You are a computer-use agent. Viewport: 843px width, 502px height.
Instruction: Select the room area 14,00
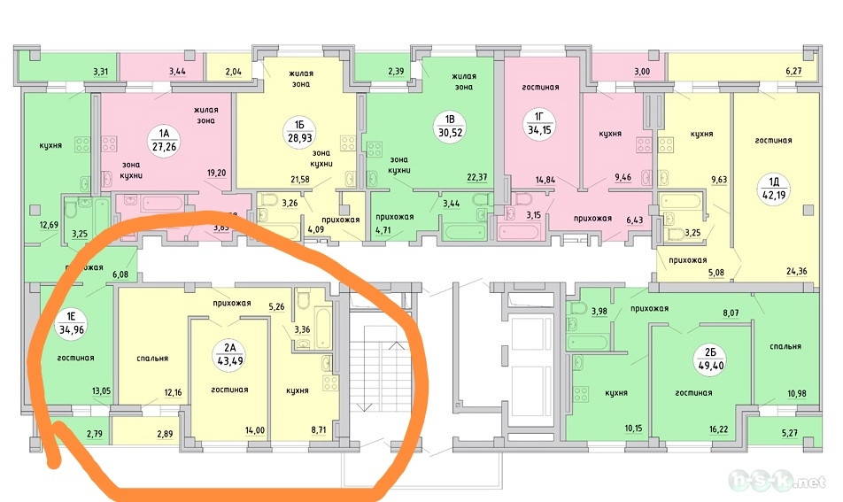coord(255,430)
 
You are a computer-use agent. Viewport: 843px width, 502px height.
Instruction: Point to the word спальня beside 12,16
coord(153,359)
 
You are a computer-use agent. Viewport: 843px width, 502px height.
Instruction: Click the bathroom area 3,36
coord(304,332)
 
